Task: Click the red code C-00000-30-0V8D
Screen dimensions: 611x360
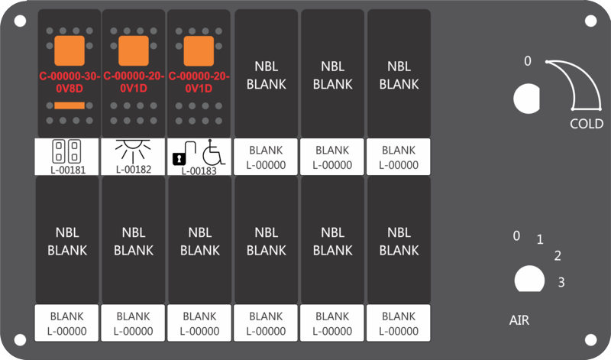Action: (70, 83)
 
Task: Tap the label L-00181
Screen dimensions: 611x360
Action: (68, 170)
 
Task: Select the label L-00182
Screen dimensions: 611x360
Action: (133, 169)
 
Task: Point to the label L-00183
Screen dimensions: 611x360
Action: (199, 171)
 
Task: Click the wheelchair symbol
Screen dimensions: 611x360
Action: (214, 152)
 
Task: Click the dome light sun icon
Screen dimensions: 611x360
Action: (133, 151)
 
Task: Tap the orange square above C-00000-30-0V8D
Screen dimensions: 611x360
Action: (70, 50)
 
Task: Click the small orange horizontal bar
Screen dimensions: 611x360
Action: (70, 105)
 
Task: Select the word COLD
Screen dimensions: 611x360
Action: (587, 124)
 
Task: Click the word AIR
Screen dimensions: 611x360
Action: (519, 320)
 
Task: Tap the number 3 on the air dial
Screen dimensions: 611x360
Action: (561, 282)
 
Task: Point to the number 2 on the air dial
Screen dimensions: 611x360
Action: (558, 256)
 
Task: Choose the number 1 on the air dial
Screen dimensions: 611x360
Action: (540, 239)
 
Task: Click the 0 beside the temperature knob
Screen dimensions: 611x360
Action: (527, 61)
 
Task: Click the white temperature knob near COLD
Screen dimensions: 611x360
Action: (527, 99)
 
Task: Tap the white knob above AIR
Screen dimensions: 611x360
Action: (529, 279)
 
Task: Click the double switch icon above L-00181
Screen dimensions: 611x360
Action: (66, 151)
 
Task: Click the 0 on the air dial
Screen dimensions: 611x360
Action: (516, 235)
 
